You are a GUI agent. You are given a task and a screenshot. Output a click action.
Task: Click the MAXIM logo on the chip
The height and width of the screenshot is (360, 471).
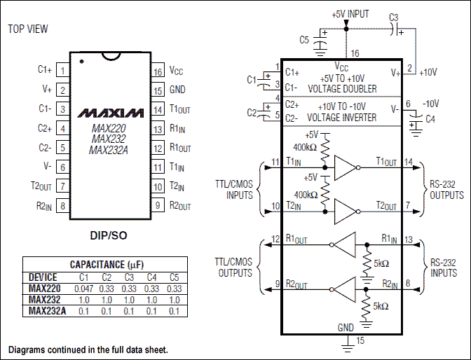click(x=107, y=113)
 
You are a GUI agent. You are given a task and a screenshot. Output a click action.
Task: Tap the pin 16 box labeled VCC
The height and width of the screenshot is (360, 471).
click(x=157, y=71)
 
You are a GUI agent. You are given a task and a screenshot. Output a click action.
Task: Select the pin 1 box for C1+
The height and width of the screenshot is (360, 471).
click(x=63, y=71)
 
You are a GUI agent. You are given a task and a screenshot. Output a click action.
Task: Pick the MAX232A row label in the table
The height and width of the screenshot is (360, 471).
click(x=48, y=310)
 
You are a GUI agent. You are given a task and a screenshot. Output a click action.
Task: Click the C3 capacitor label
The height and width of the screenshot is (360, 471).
click(x=393, y=17)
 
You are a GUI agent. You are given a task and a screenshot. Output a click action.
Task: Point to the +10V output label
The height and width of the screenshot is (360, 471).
click(x=428, y=72)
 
